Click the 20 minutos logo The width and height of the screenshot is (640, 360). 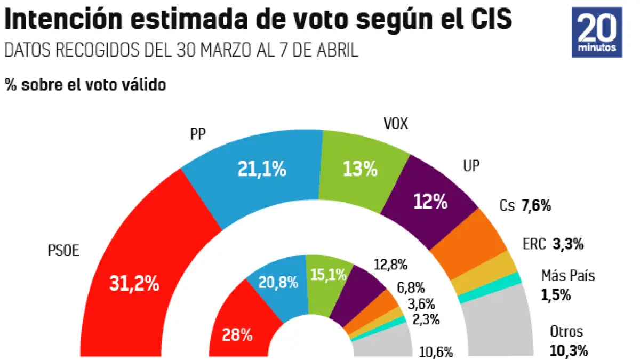coord(600,32)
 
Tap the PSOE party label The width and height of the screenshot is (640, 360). coord(63,250)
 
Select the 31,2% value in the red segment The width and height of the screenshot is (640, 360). coord(134,284)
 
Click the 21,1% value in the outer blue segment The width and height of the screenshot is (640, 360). coord(261,170)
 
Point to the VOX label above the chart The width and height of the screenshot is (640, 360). coord(396,124)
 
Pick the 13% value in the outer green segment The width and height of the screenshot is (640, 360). coord(360,170)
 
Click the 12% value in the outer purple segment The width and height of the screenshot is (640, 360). coord(429,202)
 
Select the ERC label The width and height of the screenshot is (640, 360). coord(534,245)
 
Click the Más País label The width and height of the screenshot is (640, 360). coord(567,276)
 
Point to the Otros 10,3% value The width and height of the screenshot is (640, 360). coord(569,350)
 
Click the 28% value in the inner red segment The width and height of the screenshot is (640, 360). coord(238,334)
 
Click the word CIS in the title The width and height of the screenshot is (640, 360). coord(489,20)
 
